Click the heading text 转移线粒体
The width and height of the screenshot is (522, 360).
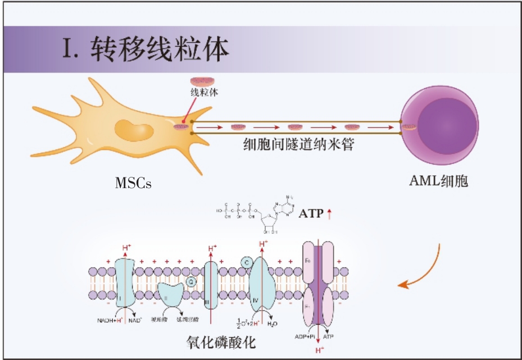click(160, 49)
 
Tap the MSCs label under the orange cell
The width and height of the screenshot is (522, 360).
click(133, 183)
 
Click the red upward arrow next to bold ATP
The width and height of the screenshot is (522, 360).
click(330, 214)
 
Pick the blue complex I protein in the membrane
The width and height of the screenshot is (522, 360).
click(124, 283)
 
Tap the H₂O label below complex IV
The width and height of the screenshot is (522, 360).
click(271, 324)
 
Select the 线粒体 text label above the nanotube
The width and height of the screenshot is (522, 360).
click(204, 93)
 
